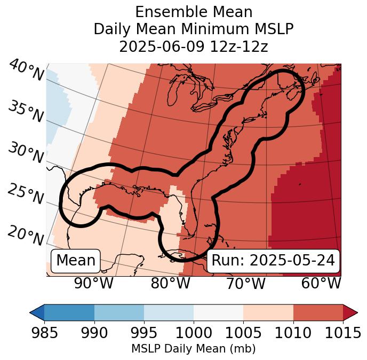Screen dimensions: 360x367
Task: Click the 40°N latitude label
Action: (26, 71)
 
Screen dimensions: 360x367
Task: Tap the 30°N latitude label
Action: (26, 153)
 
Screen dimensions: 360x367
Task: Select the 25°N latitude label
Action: (26, 194)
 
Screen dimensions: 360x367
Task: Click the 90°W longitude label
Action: (93, 284)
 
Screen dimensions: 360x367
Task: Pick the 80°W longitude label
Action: (170, 284)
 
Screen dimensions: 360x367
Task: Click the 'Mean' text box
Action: (76, 261)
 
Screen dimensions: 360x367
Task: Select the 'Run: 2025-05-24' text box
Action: (273, 261)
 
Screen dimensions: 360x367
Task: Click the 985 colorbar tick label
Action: (44, 333)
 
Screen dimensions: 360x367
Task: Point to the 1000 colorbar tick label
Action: (194, 333)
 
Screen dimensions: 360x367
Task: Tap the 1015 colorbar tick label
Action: (343, 333)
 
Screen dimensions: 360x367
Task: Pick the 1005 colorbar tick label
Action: (243, 333)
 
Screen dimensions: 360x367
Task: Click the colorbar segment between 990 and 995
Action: (119, 312)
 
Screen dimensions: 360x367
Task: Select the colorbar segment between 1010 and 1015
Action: (318, 312)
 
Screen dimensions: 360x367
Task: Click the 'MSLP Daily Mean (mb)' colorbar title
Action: (193, 349)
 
